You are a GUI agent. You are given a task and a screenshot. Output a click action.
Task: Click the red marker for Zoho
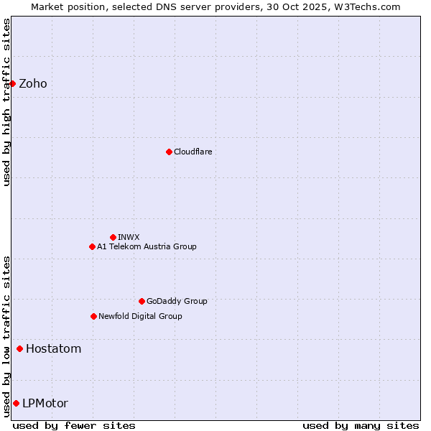tap(12, 83)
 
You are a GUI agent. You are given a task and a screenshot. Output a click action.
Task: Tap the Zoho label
tap(33, 84)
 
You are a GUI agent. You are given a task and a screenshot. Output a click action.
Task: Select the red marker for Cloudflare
tap(169, 152)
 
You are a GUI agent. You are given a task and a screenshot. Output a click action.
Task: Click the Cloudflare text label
tap(193, 152)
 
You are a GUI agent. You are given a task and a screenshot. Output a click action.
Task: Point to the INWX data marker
tap(113, 237)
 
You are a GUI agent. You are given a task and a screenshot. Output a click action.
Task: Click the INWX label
tap(129, 237)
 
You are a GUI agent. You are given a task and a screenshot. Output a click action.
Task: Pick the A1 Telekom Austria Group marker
tap(92, 246)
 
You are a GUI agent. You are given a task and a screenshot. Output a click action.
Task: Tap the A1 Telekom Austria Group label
tap(147, 246)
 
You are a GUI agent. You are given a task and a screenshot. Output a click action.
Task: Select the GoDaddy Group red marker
tap(142, 301)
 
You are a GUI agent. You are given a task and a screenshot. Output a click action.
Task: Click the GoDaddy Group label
tap(177, 301)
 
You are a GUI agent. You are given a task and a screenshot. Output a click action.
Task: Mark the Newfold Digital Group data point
tap(93, 316)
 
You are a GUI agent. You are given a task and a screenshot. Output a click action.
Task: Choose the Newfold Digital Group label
tap(140, 316)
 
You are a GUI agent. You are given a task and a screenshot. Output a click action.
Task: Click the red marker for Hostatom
tap(19, 349)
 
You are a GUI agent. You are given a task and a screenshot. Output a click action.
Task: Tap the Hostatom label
tap(53, 349)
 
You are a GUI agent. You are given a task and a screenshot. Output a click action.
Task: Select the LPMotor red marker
tap(16, 403)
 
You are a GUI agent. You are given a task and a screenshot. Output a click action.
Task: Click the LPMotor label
tap(45, 404)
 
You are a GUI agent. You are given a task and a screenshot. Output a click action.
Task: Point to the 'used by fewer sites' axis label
tap(74, 425)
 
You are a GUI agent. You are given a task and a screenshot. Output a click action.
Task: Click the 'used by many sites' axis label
tap(361, 425)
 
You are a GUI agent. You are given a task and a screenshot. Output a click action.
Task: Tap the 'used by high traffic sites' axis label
tap(6, 102)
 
